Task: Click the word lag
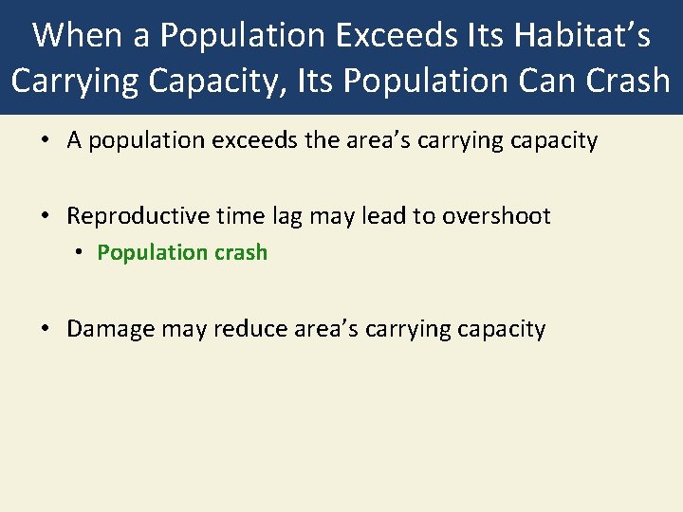[283, 216]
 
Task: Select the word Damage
[110, 329]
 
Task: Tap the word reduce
[245, 329]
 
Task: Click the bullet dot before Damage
[46, 329]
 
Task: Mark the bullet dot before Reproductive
[46, 216]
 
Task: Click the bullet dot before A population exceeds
[46, 141]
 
